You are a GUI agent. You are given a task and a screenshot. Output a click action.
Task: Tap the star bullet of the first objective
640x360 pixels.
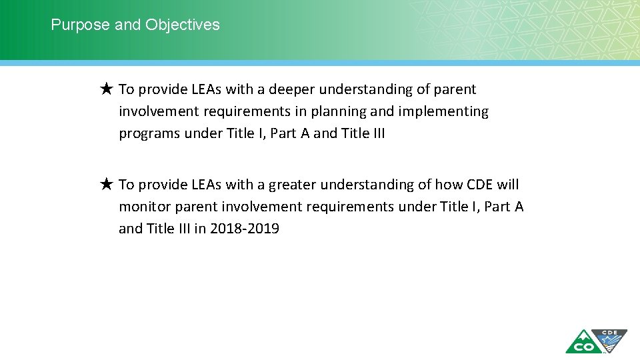click(x=106, y=89)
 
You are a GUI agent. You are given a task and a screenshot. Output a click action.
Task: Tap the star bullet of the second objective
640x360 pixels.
click(x=106, y=185)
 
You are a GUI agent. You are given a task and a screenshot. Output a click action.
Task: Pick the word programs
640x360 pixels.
click(x=149, y=133)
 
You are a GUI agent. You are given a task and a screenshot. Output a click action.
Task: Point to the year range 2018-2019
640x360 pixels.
click(x=245, y=229)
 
